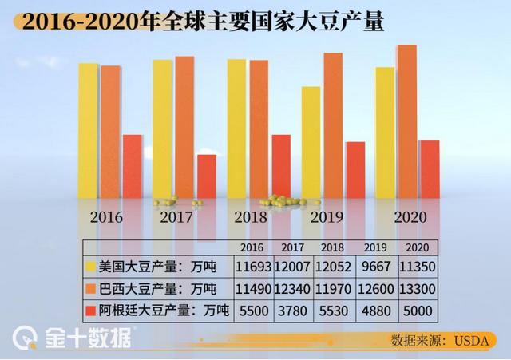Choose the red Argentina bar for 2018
tap(281, 165)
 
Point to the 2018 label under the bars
tap(251, 216)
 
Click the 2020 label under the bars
tap(410, 216)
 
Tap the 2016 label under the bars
tap(106, 216)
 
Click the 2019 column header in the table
tap(375, 247)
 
